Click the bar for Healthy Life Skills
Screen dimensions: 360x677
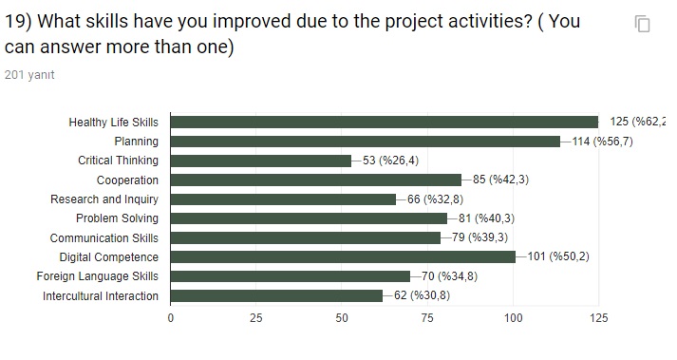pyautogui.click(x=385, y=122)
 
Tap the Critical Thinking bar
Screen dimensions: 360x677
pyautogui.click(x=261, y=161)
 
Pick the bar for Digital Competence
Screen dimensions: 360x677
pyautogui.click(x=343, y=256)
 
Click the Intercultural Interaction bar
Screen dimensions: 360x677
pyautogui.click(x=276, y=295)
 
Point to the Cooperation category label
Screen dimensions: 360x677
pyautogui.click(x=127, y=180)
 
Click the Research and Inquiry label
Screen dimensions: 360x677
pyautogui.click(x=104, y=199)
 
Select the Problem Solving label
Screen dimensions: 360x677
pyautogui.click(x=117, y=218)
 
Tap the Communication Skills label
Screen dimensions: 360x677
pyautogui.click(x=104, y=237)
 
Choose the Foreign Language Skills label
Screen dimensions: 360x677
pyautogui.click(x=98, y=276)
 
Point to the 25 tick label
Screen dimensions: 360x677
pyautogui.click(x=256, y=318)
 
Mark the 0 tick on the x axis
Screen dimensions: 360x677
pyautogui.click(x=171, y=318)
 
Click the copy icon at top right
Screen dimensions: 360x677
pyautogui.click(x=643, y=25)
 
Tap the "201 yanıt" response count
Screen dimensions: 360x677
pyautogui.click(x=29, y=75)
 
